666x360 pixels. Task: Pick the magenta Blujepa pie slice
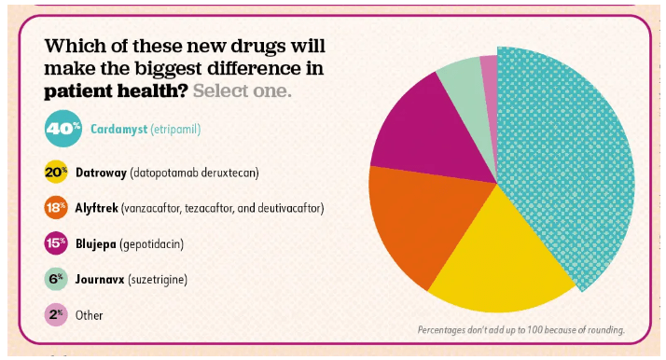(x=415, y=131)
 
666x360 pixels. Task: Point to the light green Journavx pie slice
(x=461, y=78)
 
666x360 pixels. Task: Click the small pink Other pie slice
(x=490, y=67)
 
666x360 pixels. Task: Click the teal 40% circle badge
(x=62, y=129)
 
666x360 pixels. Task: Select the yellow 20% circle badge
(x=56, y=173)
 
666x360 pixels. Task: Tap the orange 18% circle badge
(x=56, y=208)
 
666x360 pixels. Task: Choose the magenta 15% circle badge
(x=56, y=243)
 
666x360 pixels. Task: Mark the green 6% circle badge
(x=56, y=279)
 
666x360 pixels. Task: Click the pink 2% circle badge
(x=56, y=314)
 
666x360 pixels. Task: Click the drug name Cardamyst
(x=119, y=129)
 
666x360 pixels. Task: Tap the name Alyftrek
(x=111, y=208)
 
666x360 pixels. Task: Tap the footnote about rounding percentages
(x=520, y=330)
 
